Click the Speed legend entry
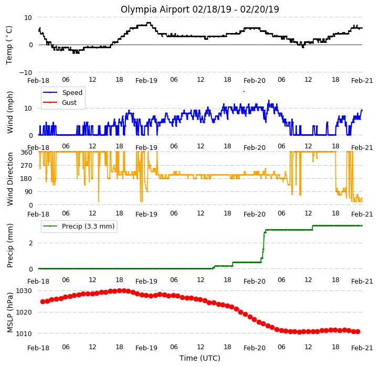[62, 92]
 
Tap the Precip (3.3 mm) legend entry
[79, 226]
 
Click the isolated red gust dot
[244, 92]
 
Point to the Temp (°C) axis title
[9, 45]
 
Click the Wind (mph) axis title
[9, 112]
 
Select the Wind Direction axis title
[9, 179]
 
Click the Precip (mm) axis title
[9, 245]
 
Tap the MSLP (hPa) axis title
[9, 312]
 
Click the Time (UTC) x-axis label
[200, 358]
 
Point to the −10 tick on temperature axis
[26, 72]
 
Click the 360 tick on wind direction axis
[27, 153]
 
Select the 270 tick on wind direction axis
[27, 166]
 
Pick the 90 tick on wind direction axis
[28, 192]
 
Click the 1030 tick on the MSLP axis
[24, 290]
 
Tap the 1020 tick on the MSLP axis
[24, 312]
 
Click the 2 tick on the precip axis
[30, 243]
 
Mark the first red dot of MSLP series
[43, 301]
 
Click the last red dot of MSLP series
[357, 332]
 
